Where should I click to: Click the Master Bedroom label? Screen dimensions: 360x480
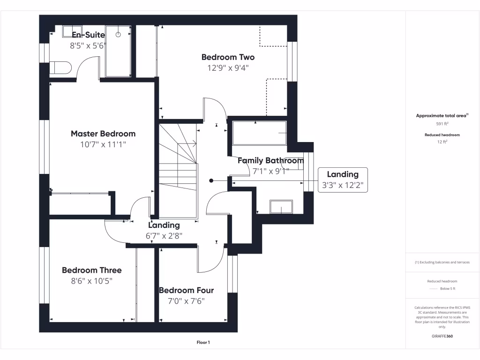tap(103, 134)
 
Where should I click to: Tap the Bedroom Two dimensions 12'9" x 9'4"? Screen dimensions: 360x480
tap(228, 67)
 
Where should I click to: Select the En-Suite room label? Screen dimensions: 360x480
tap(88, 35)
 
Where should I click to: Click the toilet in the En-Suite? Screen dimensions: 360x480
tap(60, 67)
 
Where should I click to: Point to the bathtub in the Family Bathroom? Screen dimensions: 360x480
tap(258, 133)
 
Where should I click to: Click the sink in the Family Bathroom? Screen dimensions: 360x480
tap(281, 206)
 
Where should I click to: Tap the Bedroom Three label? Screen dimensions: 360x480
tap(91, 270)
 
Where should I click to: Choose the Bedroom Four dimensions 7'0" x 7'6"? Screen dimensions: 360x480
tap(186, 301)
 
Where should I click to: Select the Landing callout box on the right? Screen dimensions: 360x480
tap(343, 180)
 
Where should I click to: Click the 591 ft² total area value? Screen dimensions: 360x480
tap(442, 124)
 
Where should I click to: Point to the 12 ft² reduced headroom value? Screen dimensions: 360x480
tap(442, 142)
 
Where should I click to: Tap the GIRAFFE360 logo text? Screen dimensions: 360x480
tap(442, 336)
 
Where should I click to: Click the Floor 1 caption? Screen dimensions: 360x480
tap(203, 343)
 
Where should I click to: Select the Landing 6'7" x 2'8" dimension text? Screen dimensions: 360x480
tap(164, 236)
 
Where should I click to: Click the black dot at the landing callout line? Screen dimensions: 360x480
tap(211, 180)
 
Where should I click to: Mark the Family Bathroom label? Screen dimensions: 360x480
tap(270, 160)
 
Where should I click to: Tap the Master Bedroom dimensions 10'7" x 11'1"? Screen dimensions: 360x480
tap(103, 144)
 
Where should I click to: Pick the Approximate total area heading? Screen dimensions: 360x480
tap(442, 116)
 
